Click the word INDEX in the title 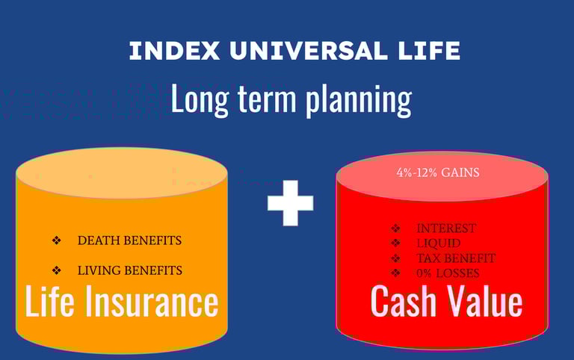point(174,51)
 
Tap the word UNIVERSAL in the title point(308,51)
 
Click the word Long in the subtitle point(200,99)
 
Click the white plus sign point(291,202)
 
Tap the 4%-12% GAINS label point(438,173)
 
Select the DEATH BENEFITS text point(129,240)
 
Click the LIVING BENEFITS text point(130,270)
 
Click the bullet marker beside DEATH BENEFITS point(56,240)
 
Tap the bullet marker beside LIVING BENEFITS point(56,270)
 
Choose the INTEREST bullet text point(446,229)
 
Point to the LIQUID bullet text point(439,243)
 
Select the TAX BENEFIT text point(456,258)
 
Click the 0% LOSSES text point(448,273)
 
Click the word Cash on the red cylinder point(404,301)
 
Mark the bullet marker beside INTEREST point(395,229)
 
